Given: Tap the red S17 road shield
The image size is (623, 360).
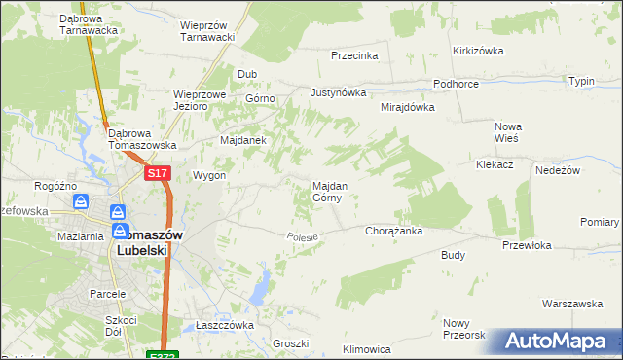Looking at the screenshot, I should pyautogui.click(x=159, y=173).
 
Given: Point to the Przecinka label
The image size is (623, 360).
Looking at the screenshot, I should pyautogui.click(x=353, y=55).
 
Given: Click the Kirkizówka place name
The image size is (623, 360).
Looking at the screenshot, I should pyautogui.click(x=476, y=50).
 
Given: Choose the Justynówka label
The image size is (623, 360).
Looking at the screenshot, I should pyautogui.click(x=338, y=93).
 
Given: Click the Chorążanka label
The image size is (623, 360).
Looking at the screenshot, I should pyautogui.click(x=392, y=232).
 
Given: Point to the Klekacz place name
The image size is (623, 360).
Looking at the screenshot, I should pyautogui.click(x=495, y=165).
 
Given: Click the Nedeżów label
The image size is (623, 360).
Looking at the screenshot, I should pyautogui.click(x=558, y=169).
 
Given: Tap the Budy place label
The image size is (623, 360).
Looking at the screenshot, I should pyautogui.click(x=454, y=255).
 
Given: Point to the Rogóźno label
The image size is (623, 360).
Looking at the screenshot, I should pyautogui.click(x=55, y=185).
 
